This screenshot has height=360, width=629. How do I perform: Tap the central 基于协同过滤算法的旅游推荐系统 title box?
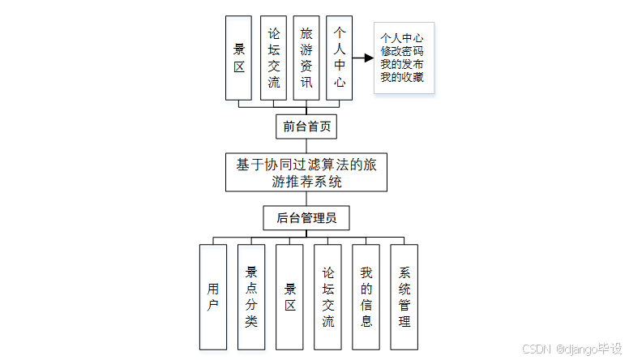point(306,173)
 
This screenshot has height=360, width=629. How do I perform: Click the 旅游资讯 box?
point(306,58)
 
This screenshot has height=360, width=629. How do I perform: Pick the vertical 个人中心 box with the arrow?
point(340,58)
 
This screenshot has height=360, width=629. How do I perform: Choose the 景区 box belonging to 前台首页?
point(239,58)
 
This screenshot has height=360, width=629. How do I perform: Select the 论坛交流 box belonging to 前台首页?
point(273,58)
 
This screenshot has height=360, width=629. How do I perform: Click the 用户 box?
point(213,297)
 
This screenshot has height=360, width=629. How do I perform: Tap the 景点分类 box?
point(251,297)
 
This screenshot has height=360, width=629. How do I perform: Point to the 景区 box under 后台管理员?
point(289,297)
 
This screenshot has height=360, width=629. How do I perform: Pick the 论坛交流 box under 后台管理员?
point(327,297)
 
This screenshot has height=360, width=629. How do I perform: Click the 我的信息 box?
point(366,297)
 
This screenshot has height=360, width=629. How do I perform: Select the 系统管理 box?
point(404,297)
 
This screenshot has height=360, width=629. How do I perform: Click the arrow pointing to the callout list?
point(363,58)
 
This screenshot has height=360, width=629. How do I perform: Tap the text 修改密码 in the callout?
point(402,50)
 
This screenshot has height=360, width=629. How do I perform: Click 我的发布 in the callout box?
point(402,64)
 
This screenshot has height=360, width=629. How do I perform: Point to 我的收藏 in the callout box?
point(402,78)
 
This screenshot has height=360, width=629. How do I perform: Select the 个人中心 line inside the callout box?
point(402,37)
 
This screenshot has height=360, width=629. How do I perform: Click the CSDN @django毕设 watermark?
point(572,349)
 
